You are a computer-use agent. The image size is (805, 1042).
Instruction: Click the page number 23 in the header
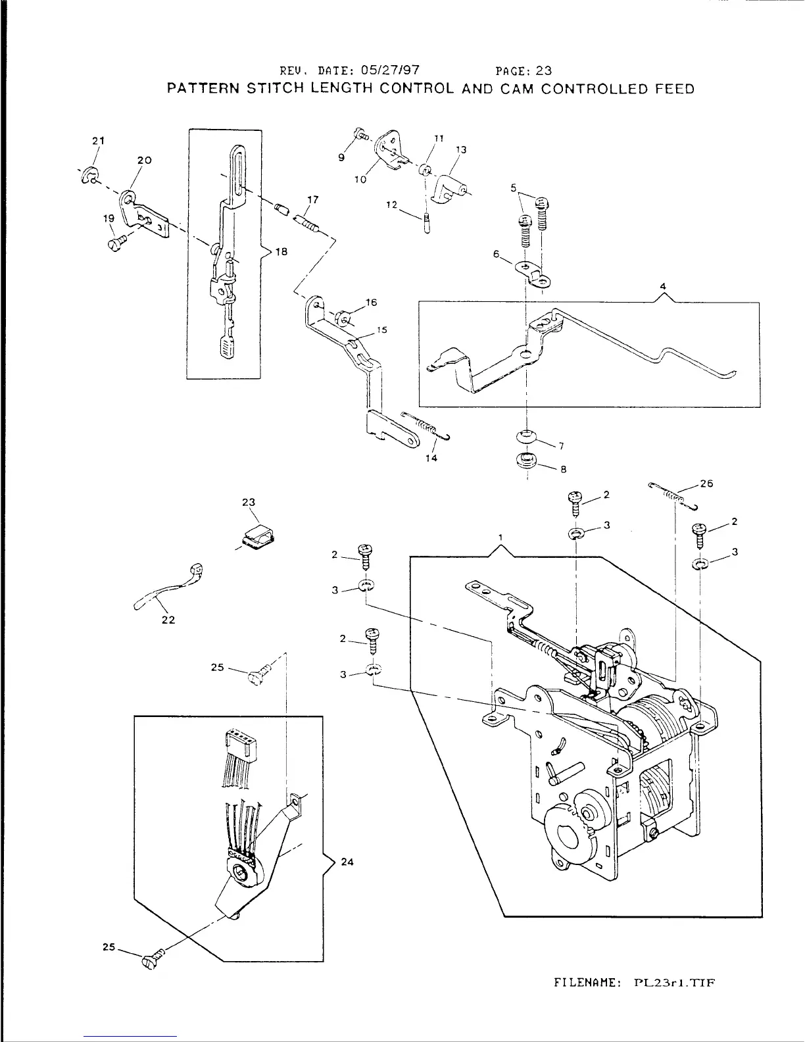(x=543, y=70)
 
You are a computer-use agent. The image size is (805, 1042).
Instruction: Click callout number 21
(x=98, y=140)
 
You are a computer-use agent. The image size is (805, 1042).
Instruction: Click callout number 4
(x=664, y=286)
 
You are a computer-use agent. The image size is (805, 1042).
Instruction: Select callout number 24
(x=348, y=862)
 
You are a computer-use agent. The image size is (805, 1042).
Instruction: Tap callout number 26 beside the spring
(x=706, y=484)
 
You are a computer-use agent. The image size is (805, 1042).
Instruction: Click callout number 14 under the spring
(x=431, y=459)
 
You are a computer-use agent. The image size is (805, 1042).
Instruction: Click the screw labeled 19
(x=114, y=245)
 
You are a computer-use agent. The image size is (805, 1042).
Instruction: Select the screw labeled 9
(x=361, y=135)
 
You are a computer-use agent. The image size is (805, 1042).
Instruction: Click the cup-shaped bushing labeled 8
(x=525, y=460)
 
